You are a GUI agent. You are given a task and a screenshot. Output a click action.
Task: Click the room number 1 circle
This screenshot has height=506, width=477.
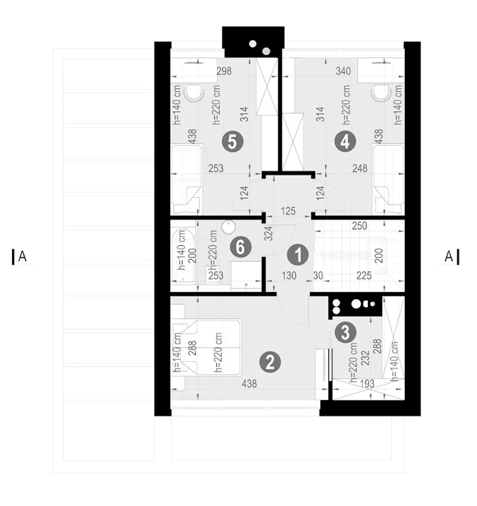click(298, 255)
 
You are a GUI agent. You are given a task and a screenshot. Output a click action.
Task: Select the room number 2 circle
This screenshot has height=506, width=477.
click(270, 363)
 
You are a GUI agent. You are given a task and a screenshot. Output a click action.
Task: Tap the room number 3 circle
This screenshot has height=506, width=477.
click(345, 333)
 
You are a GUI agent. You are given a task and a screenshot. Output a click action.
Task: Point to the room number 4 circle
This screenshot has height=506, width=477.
click(345, 142)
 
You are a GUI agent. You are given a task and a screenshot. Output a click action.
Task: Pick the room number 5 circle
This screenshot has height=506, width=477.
click(233, 142)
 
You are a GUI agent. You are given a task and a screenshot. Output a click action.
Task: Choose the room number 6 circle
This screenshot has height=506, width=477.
click(241, 247)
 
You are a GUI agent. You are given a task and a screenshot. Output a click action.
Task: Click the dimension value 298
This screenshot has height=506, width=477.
click(224, 71)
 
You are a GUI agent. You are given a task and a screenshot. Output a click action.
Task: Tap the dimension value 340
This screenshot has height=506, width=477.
click(343, 71)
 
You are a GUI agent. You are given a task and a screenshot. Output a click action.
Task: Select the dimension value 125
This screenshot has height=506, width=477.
click(288, 211)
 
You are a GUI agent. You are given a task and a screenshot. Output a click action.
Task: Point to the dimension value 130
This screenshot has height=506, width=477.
click(289, 276)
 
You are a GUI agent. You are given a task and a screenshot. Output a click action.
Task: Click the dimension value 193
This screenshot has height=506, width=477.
click(367, 384)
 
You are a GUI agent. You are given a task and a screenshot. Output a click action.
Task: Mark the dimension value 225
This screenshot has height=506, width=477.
click(364, 276)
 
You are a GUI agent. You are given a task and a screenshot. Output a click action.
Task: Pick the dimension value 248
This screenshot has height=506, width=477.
click(360, 168)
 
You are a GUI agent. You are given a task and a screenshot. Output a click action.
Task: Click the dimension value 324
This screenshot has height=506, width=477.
click(269, 233)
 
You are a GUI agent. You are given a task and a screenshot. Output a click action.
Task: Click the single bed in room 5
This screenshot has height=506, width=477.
click(187, 179)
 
